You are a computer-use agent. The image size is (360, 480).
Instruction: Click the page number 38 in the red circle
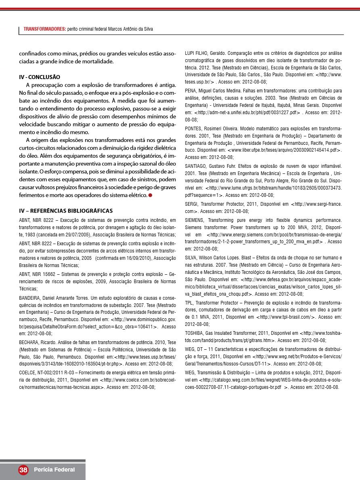[23, 470]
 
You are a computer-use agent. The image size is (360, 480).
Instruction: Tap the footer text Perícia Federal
[54, 470]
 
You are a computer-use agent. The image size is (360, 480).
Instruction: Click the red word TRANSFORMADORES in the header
[45, 29]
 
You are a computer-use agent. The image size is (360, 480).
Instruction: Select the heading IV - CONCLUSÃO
[40, 77]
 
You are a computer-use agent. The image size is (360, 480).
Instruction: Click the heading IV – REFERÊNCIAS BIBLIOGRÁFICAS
[66, 211]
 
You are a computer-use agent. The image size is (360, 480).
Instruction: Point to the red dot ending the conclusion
[150, 195]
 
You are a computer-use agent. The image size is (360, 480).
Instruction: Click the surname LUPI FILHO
[197, 53]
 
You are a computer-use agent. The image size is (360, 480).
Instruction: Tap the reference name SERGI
[191, 204]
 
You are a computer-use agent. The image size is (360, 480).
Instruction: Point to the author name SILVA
[191, 257]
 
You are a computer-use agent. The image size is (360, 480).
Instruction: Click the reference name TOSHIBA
[194, 333]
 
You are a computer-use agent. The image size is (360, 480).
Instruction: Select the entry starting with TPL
[189, 302]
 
